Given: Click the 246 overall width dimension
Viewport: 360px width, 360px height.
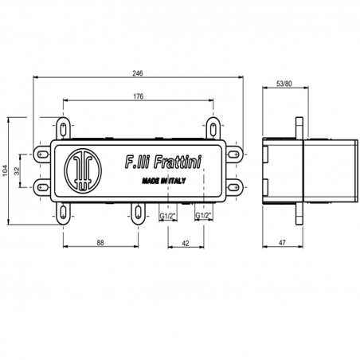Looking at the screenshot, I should tap(139, 73).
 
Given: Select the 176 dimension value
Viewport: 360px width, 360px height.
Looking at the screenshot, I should tap(139, 96).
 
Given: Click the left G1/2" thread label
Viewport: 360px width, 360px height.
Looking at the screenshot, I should tap(168, 216).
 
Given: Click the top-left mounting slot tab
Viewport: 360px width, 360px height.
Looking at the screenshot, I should tap(64, 125).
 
